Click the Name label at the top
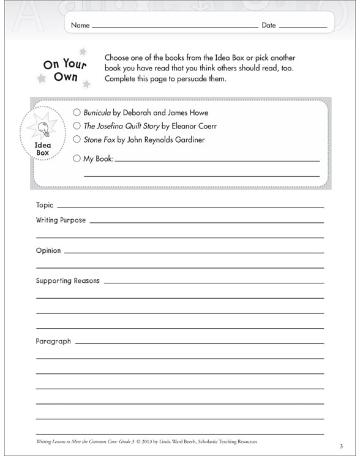pos(80,26)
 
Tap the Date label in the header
pos(269,26)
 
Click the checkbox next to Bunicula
pos(77,113)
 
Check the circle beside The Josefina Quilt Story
pos(77,126)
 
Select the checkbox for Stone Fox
pos(77,140)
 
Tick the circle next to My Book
pos(77,159)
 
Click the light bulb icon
pos(43,128)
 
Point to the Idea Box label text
pos(43,149)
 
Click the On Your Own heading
pos(64,70)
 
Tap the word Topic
pos(45,205)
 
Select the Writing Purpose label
pos(61,220)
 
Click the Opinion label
pos(48,250)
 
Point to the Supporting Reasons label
pos(67,281)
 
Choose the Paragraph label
pos(53,341)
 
